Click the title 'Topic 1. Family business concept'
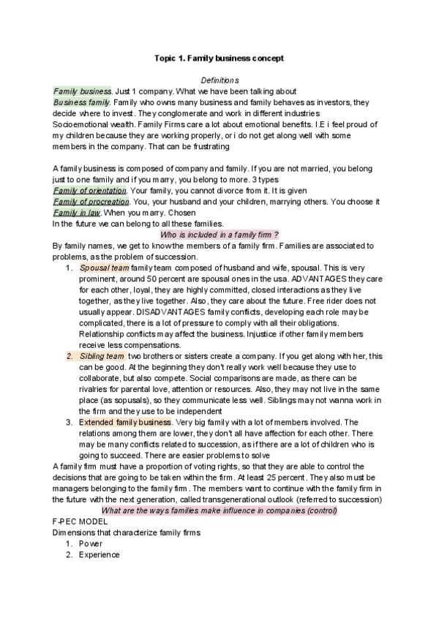[219, 57]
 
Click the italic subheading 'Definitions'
[219, 80]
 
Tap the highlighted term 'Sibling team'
[102, 356]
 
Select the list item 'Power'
[91, 544]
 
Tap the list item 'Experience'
[100, 555]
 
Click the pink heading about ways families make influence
[219, 510]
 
